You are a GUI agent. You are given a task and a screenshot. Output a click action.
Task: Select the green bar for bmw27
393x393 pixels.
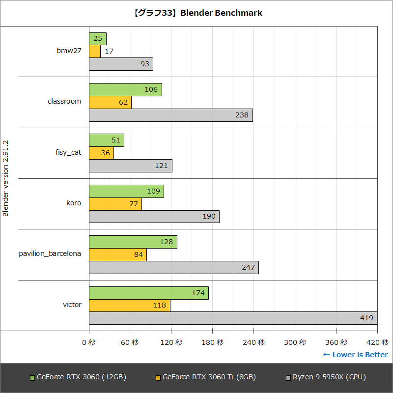pos(98,39)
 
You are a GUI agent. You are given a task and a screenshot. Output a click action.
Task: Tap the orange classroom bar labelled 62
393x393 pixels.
pos(110,102)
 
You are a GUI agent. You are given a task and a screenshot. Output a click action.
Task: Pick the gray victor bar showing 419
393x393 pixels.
pos(233,318)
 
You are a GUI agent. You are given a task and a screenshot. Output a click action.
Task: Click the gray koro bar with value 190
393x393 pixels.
pos(154,217)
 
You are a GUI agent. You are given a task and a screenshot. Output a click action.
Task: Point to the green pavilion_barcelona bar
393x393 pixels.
pos(133,242)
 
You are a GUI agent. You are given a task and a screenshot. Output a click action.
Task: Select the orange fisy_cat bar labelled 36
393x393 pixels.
pos(101,153)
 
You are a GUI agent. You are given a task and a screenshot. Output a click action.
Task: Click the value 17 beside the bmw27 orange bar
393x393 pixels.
pos(110,52)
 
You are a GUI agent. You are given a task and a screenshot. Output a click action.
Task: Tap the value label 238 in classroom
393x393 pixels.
pos(242,115)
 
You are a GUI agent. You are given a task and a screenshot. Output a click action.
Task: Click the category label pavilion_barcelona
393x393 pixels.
pos(50,254)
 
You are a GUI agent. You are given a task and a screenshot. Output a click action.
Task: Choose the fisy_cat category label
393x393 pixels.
pos(68,152)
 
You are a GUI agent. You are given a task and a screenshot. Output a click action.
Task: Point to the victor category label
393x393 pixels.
pos(72,305)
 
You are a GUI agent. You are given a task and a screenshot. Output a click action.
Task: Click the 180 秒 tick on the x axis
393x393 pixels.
pos(213,342)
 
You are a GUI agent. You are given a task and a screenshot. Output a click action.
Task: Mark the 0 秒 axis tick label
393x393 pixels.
pos(89,342)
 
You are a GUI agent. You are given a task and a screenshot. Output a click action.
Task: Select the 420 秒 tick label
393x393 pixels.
pos(377,342)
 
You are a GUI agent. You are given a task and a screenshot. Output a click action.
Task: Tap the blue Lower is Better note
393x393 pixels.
pos(355,355)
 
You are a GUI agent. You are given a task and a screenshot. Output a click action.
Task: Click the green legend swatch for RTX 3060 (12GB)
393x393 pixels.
pos(32,378)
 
